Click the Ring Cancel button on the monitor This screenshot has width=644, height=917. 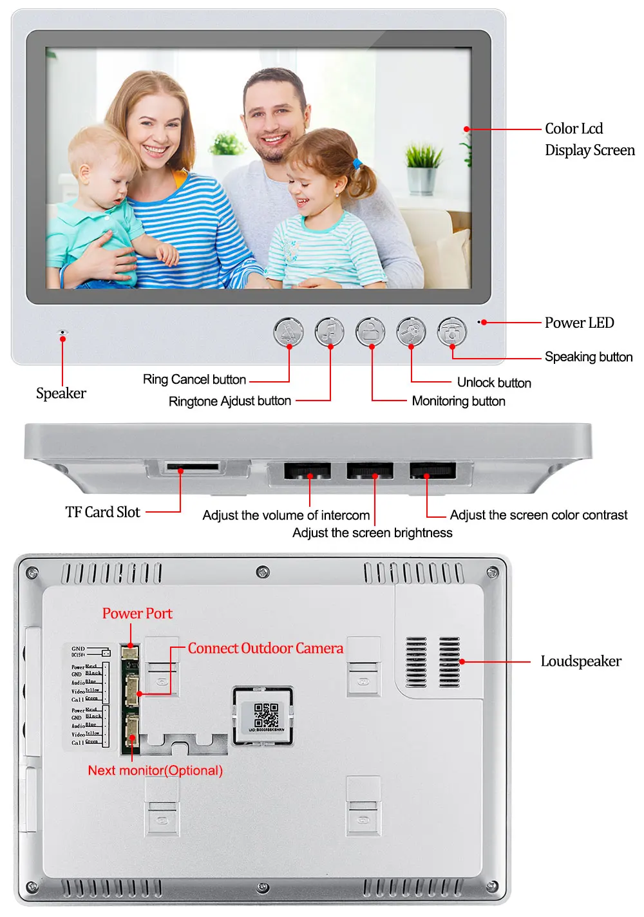[289, 332]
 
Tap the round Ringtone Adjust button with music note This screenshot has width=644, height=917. [330, 332]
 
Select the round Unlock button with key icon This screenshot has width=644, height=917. [411, 332]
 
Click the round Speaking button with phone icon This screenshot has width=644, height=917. [452, 332]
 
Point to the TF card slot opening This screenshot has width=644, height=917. [192, 466]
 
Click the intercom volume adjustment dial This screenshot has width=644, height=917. [308, 471]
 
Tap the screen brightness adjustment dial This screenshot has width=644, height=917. [370, 471]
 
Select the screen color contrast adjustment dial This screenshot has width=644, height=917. [432, 471]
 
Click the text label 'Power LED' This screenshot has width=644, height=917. [579, 323]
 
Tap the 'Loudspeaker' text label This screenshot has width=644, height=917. [581, 661]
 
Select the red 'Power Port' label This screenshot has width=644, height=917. [137, 614]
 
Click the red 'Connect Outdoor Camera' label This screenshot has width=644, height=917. [265, 648]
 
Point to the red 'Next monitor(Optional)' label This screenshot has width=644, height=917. [155, 770]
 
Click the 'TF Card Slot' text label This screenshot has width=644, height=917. [102, 513]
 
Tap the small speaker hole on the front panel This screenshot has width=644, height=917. [62, 332]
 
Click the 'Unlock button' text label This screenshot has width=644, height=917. [494, 383]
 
